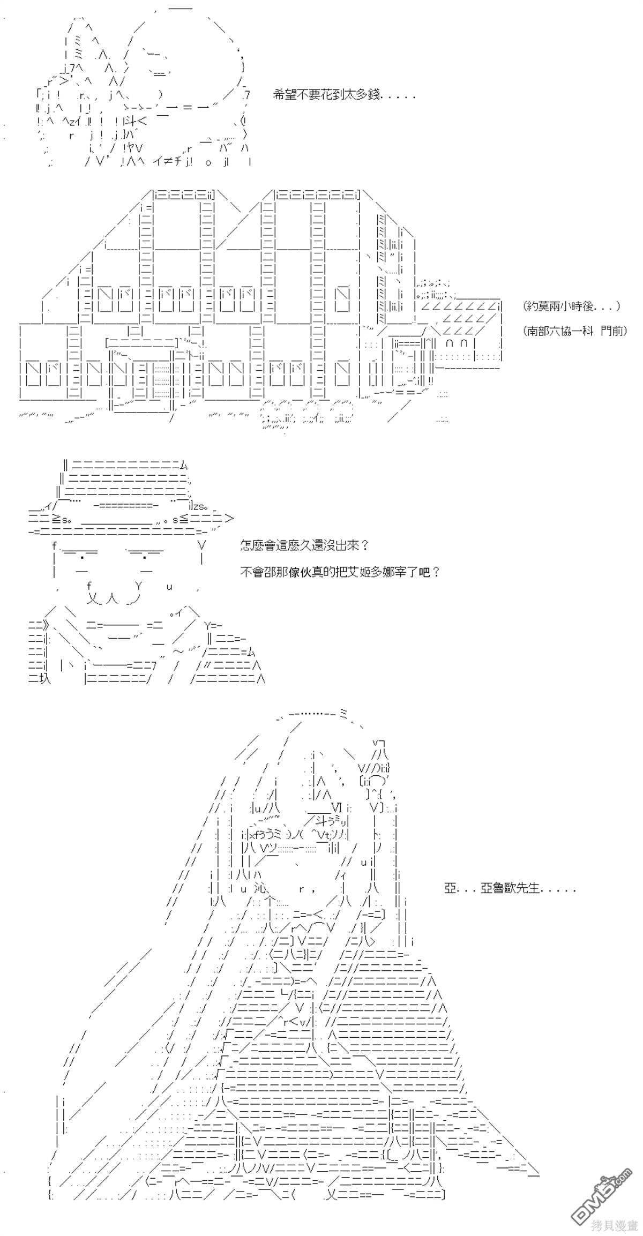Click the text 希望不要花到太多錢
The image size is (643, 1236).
[344, 96]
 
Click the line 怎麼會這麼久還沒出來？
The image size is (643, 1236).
[304, 546]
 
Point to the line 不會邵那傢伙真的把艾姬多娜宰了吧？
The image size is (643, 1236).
[340, 572]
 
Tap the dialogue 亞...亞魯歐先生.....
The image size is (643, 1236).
[510, 888]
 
